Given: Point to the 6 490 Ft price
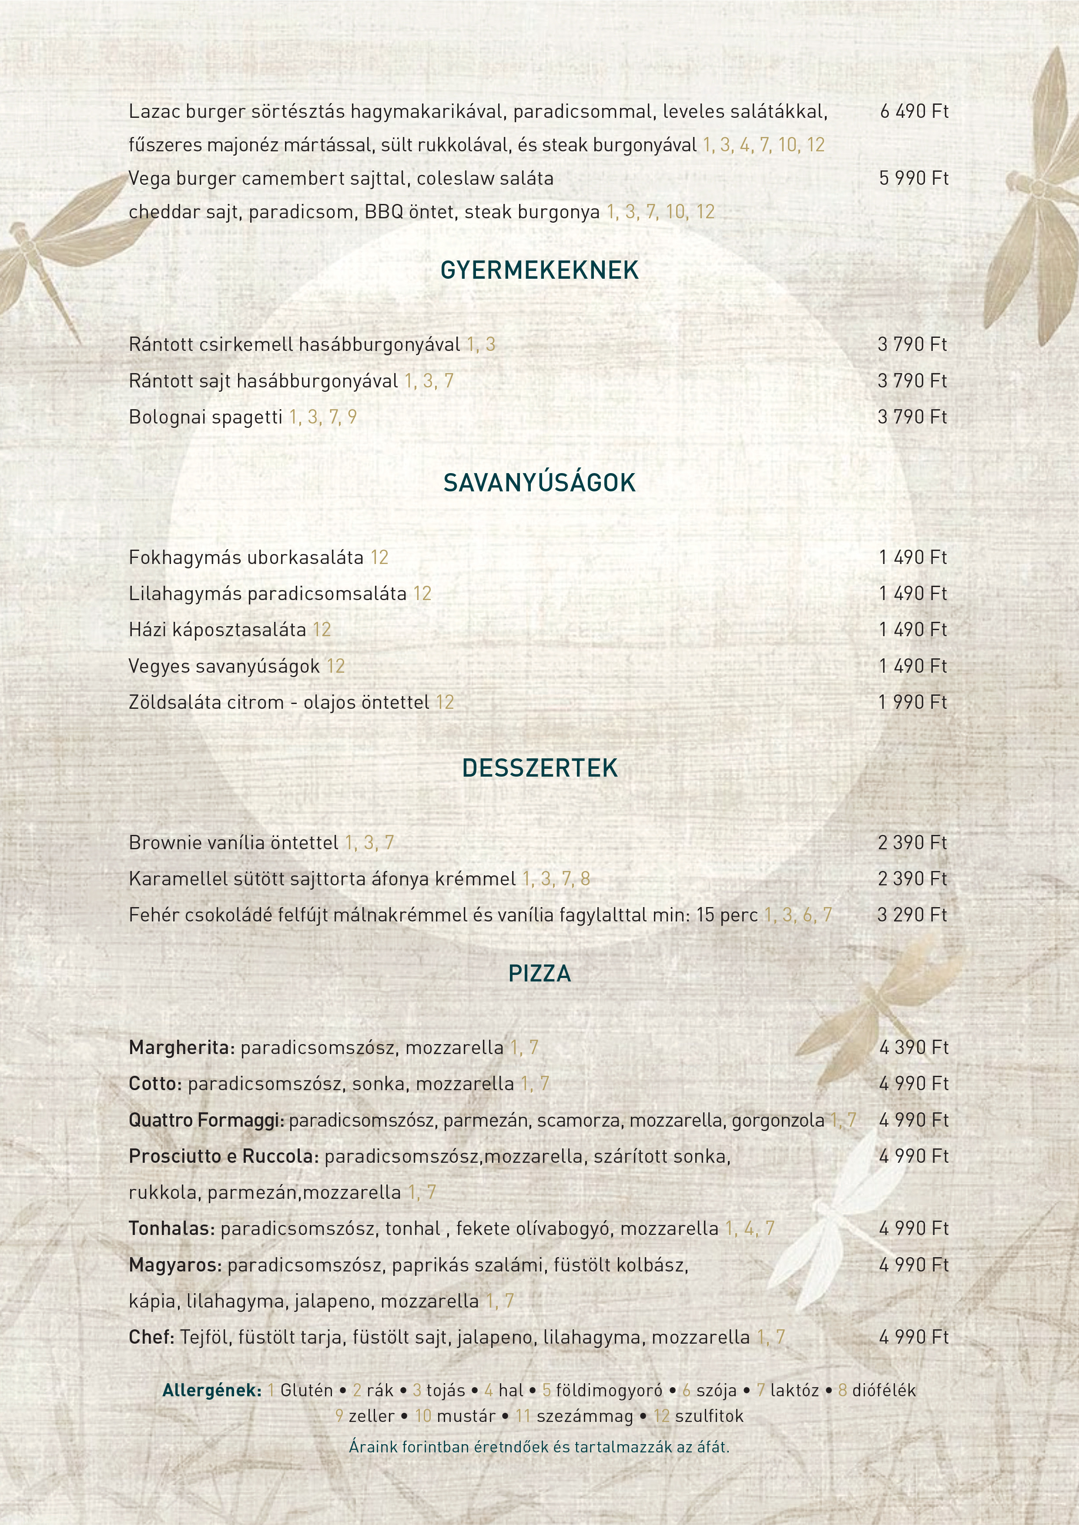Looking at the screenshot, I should pyautogui.click(x=914, y=112).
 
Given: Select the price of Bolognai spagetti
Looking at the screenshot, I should pyautogui.click(x=912, y=417).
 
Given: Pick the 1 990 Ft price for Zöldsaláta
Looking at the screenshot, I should pyautogui.click(x=912, y=702).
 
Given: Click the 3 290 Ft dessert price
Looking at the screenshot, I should pyautogui.click(x=912, y=915).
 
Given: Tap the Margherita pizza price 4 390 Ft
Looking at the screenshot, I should pyautogui.click(x=914, y=1048).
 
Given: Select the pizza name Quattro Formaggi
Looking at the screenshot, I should pyautogui.click(x=206, y=1121).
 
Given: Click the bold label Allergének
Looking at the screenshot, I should pyautogui.click(x=212, y=1390).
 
